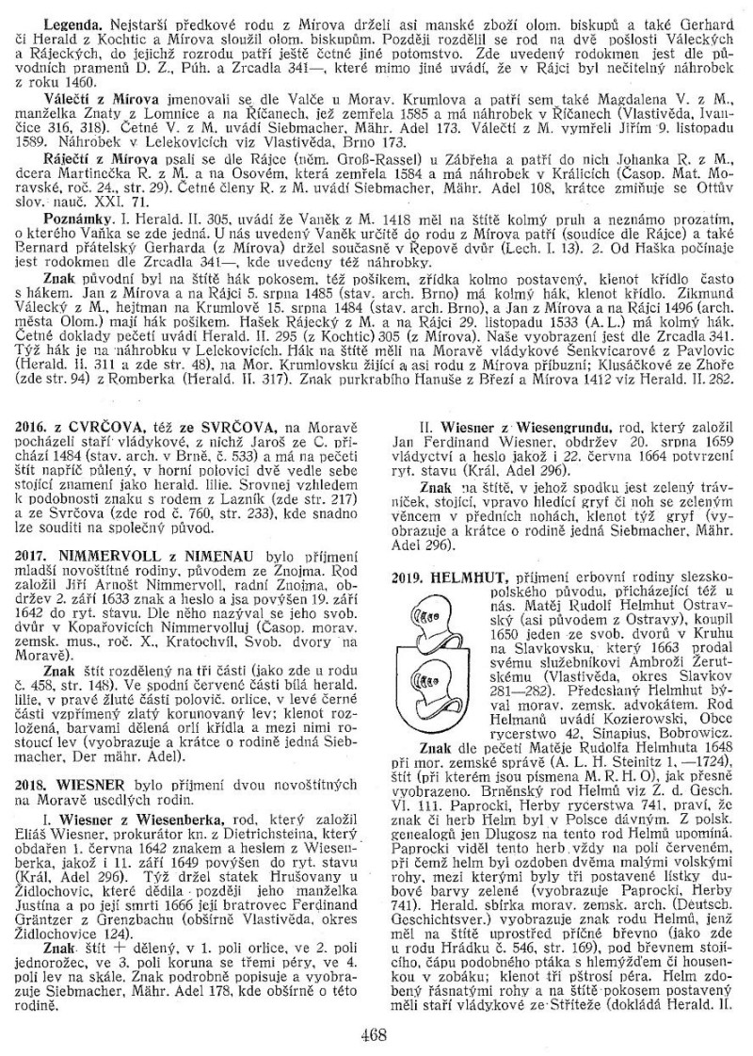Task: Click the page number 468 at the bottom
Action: click(x=375, y=1033)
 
